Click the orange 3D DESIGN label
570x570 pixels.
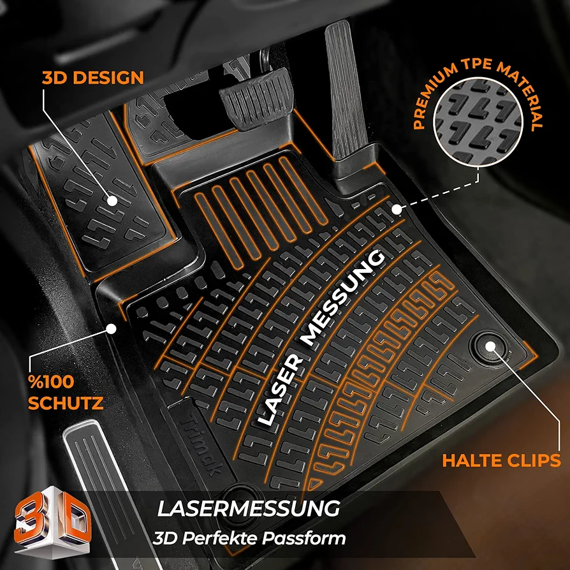(x=93, y=78)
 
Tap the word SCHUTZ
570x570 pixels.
(x=66, y=403)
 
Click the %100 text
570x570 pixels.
(x=51, y=382)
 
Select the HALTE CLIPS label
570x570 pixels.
(x=501, y=460)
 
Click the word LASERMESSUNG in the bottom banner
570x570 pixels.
(x=249, y=508)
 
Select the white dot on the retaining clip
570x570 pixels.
(x=490, y=346)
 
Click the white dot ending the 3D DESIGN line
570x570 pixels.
(x=112, y=201)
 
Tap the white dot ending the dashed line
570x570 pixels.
(x=397, y=210)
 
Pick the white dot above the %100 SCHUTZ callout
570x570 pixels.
(x=111, y=329)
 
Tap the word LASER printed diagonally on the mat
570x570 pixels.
(x=280, y=390)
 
